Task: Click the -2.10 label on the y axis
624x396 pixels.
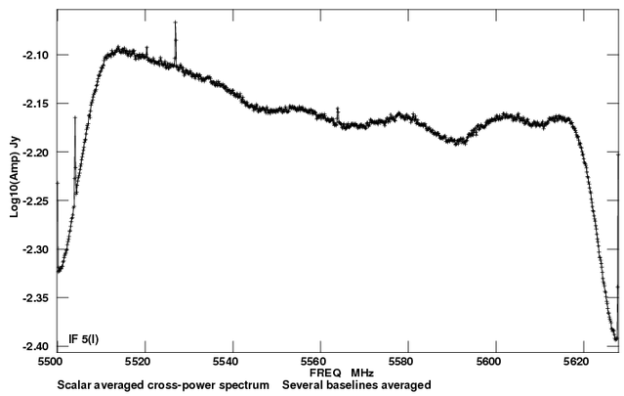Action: pyautogui.click(x=37, y=55)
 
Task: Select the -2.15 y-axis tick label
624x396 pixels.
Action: pyautogui.click(x=37, y=104)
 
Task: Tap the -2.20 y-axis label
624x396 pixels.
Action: pyautogui.click(x=37, y=153)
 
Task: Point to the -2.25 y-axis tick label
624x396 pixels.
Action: pyautogui.click(x=37, y=201)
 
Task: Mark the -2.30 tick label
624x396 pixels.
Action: pyautogui.click(x=37, y=250)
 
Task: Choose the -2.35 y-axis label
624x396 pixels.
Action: pyautogui.click(x=37, y=298)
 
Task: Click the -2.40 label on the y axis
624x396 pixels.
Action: pyautogui.click(x=37, y=347)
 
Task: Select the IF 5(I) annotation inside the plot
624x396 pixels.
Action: pyautogui.click(x=84, y=339)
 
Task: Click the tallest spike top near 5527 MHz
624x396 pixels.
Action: pyautogui.click(x=176, y=22)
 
